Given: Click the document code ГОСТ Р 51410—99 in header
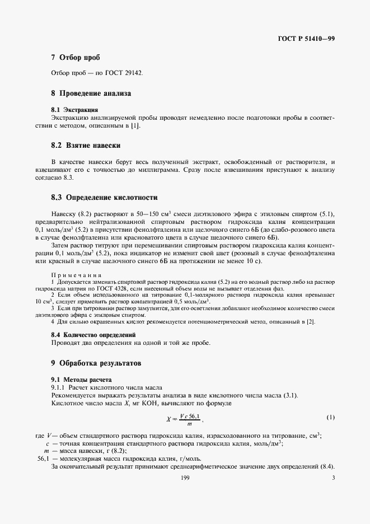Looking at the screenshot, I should point(306,39).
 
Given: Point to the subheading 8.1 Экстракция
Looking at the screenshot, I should point(75,110).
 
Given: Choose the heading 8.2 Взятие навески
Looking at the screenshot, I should point(86,146).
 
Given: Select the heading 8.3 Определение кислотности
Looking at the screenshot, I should point(104,198).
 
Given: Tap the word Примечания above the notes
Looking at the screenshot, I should point(76,275).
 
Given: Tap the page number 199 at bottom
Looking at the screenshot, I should point(185,478).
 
